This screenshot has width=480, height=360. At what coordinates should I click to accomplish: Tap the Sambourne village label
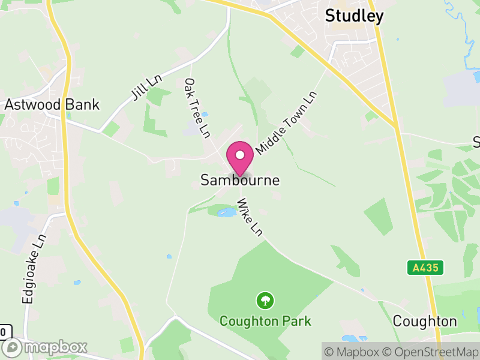click(240, 180)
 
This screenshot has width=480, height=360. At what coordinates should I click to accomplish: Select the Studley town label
click(354, 16)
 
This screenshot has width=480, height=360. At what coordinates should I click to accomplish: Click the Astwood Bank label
click(52, 104)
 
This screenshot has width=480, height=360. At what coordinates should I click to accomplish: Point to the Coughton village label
click(425, 321)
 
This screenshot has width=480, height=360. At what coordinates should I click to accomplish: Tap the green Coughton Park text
click(265, 321)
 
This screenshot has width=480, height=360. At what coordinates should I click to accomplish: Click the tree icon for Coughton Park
click(265, 299)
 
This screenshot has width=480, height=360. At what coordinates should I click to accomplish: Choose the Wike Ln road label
click(250, 217)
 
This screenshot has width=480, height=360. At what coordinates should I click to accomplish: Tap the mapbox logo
click(46, 347)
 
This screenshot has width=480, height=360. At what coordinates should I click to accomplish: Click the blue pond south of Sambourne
click(227, 212)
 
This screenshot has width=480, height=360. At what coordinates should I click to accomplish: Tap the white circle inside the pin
click(240, 155)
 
